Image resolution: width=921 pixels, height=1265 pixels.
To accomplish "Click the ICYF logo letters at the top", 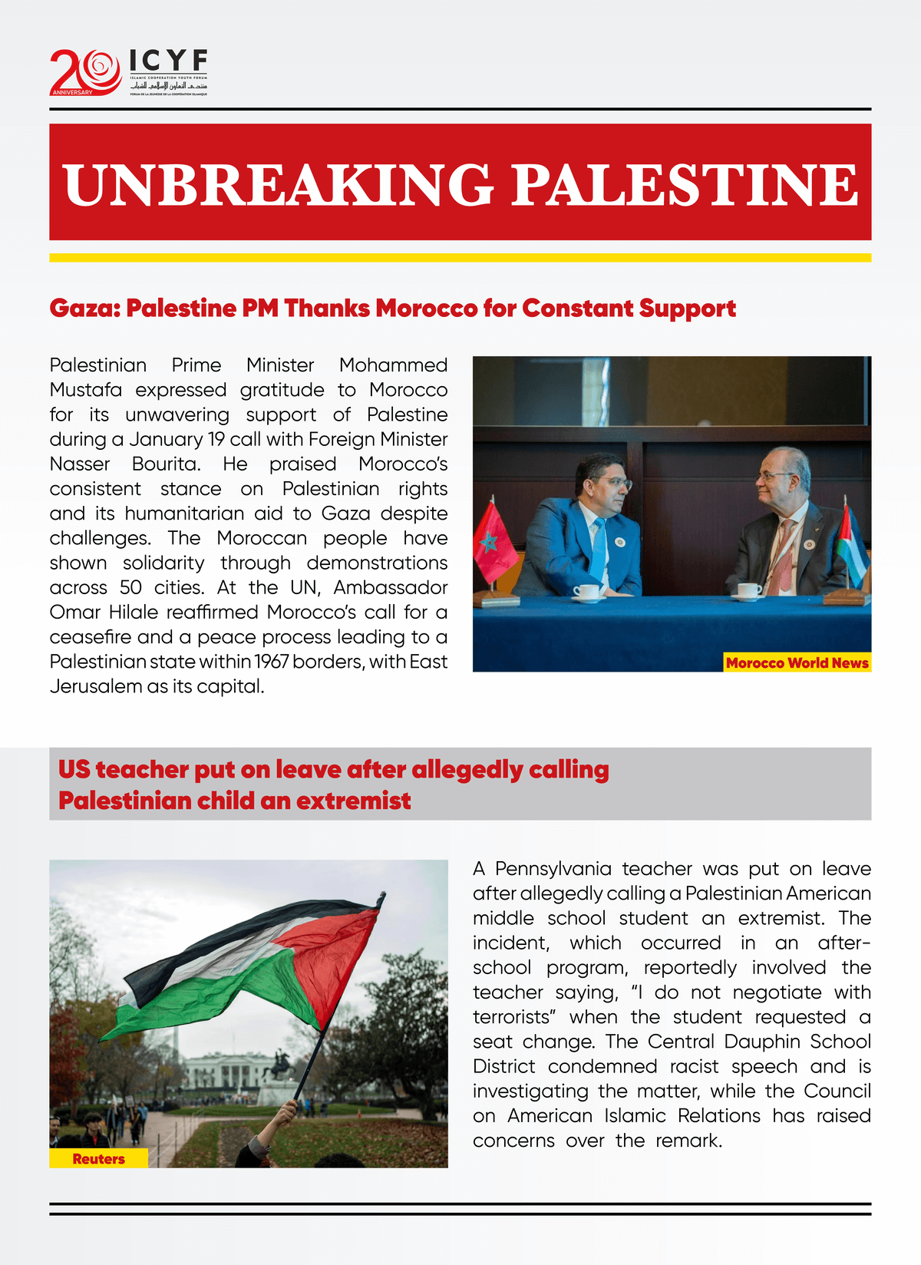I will tap(168, 61).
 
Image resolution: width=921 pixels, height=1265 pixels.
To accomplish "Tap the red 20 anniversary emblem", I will tap(85, 73).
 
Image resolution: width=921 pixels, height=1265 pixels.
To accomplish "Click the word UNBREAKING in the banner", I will tap(278, 185).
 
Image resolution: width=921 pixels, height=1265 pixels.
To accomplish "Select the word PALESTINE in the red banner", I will tap(684, 185).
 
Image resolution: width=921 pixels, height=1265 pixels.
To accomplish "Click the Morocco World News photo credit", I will tap(797, 663).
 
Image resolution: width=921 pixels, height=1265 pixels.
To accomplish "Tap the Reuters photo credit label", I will tap(98, 1159).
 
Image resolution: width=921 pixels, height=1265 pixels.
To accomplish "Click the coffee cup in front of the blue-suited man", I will tap(588, 593).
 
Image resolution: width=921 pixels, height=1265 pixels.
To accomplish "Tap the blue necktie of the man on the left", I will tap(598, 549).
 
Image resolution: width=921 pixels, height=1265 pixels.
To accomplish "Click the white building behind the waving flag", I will tap(222, 1072).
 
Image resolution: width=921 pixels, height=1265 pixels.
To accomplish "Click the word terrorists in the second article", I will tap(512, 1017).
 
